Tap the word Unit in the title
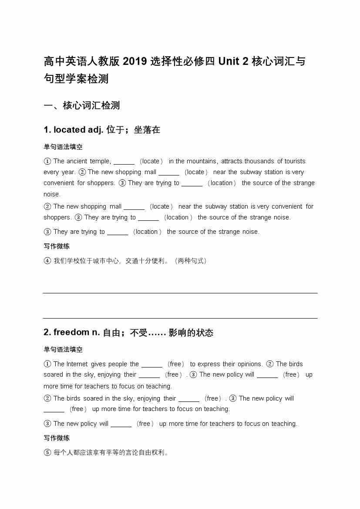[229, 61]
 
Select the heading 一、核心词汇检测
[82, 105]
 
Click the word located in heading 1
[70, 130]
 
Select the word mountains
[202, 161]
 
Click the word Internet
[77, 364]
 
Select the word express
[209, 364]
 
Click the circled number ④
[47, 261]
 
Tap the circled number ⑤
[47, 452]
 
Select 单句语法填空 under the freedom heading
[63, 350]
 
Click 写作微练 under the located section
[57, 246]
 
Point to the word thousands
[259, 161]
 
